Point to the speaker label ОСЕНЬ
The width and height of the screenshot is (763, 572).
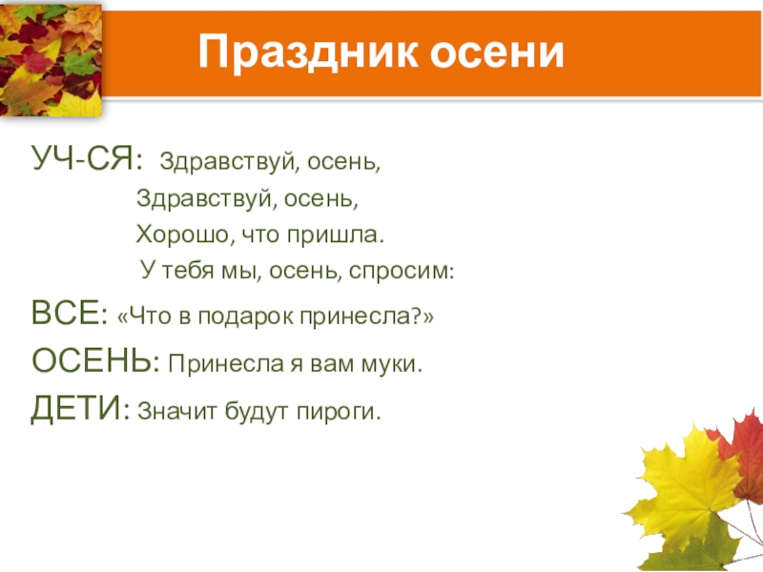93,361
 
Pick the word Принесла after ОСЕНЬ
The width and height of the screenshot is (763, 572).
217,363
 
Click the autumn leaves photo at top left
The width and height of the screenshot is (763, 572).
50,58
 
